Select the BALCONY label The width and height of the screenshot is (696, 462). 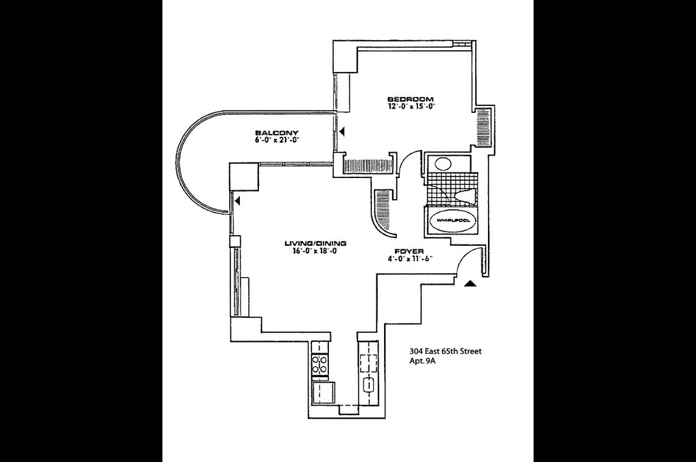(x=277, y=132)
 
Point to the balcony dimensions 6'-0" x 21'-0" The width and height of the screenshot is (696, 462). (x=277, y=140)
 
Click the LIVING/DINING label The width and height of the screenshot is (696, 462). (x=315, y=243)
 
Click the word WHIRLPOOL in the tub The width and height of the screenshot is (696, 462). (x=453, y=221)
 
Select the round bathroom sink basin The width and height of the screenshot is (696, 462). (x=442, y=164)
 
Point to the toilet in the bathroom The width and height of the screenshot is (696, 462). (x=464, y=196)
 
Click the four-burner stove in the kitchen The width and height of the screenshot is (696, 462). (x=319, y=364)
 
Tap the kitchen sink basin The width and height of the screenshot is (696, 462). (x=370, y=385)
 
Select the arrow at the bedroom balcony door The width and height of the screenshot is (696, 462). (x=343, y=131)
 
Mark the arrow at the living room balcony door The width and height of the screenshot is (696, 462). (x=238, y=200)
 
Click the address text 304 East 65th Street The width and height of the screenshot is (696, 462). (x=445, y=351)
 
